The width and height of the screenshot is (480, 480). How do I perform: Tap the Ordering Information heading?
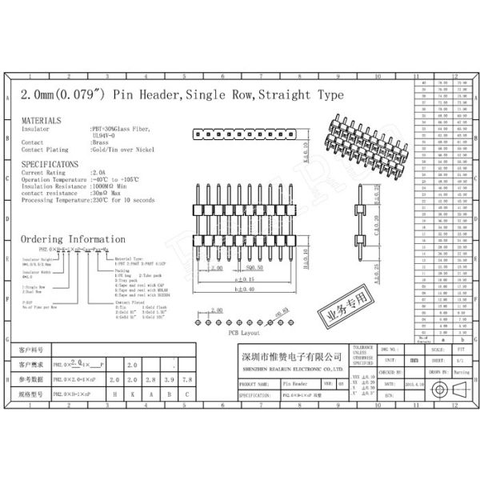click(x=73, y=239)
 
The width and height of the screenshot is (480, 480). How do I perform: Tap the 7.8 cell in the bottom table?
click(x=186, y=378)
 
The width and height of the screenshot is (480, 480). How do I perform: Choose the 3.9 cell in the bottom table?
click(x=168, y=378)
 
